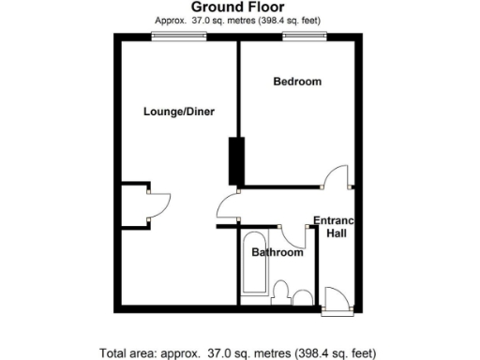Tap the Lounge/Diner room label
pyautogui.click(x=179, y=112)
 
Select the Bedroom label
pyautogui.click(x=297, y=82)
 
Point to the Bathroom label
pyautogui.click(x=277, y=253)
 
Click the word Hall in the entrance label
pyautogui.click(x=337, y=232)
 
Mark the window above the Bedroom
pyautogui.click(x=299, y=36)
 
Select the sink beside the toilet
pyautogui.click(x=302, y=298)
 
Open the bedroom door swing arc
pyautogui.click(x=337, y=176)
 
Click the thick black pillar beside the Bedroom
pyautogui.click(x=235, y=161)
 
